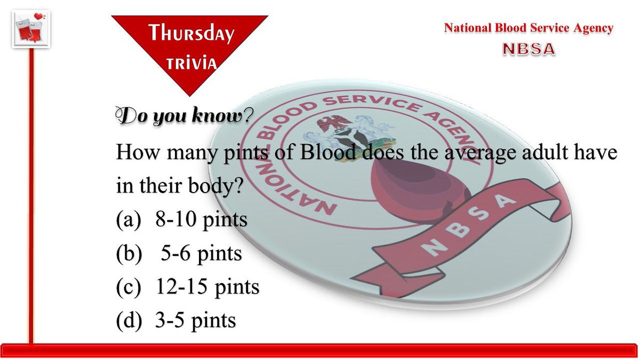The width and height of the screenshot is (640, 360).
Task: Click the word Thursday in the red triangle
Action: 191,34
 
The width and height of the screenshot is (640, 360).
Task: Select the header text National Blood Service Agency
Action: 529,28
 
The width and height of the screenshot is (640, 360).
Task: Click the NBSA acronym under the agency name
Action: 529,49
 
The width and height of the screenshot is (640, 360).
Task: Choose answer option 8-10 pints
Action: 201,220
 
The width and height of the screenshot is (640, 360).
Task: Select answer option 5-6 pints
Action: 202,253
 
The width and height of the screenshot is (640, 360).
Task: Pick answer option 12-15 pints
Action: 207,287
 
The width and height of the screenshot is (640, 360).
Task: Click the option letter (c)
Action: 129,287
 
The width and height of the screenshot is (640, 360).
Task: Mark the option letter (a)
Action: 129,220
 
